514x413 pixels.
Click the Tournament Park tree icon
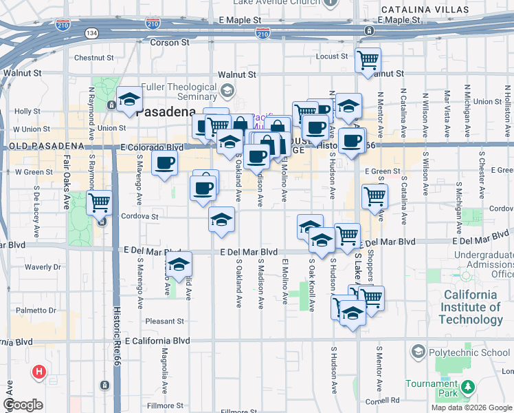point(468,387)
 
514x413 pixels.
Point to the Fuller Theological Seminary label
point(179,92)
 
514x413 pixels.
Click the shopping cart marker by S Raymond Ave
point(100,202)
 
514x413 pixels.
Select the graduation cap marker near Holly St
point(128,100)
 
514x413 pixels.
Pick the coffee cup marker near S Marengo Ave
point(164,164)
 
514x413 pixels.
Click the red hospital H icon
point(40,372)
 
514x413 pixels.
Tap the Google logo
point(23,405)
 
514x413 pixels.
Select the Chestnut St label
point(93,58)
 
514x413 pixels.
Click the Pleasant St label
point(165,321)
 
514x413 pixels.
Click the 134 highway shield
point(91,33)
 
